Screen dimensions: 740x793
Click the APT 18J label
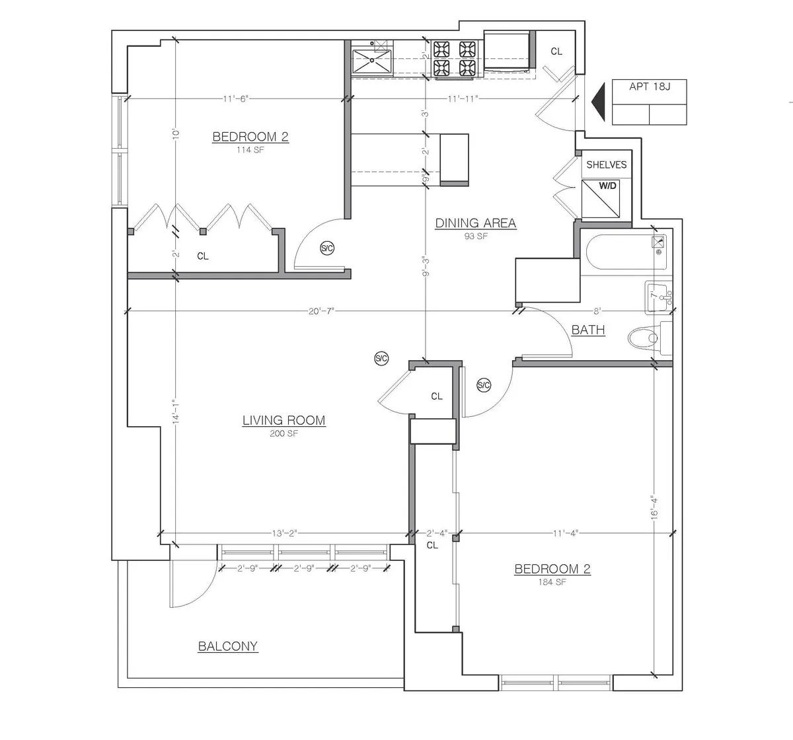coord(649,87)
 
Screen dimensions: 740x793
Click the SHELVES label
coord(606,165)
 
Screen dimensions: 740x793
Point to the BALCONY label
coord(228,646)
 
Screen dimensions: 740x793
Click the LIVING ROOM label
coord(283,420)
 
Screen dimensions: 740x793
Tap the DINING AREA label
coord(475,223)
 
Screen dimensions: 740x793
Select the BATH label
coord(587,330)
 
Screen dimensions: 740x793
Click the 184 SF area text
coord(552,583)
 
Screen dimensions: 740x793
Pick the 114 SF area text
coord(250,149)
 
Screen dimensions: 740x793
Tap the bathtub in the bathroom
coord(618,252)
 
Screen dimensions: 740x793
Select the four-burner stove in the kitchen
coord(455,58)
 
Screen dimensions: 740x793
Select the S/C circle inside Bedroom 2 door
coord(326,248)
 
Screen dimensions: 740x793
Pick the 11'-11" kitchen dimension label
coord(463,99)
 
